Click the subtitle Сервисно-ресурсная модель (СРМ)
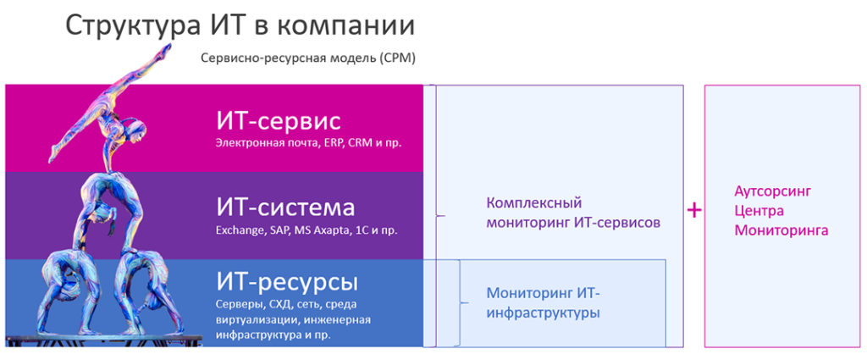coord(307,58)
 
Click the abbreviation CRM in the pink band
coord(359,142)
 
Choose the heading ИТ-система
coord(284,208)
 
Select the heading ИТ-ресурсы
coord(287,283)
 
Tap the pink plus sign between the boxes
coord(694,211)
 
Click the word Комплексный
coord(535,203)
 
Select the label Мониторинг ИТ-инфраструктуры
coord(544,302)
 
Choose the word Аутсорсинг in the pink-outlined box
coord(772,192)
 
